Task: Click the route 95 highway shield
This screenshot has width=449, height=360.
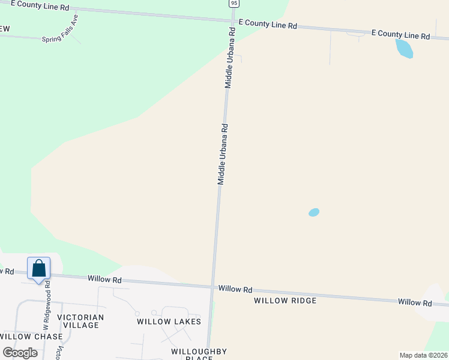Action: [234, 3]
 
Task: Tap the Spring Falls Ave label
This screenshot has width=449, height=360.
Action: [60, 29]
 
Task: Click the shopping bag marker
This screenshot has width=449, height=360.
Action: [38, 268]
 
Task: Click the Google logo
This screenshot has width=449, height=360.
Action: [20, 353]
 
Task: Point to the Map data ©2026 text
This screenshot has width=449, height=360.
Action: [423, 355]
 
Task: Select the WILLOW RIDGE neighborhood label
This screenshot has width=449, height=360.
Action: [285, 300]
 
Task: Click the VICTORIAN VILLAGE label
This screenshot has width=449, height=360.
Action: [80, 321]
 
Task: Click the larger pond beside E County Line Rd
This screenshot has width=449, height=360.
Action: [404, 49]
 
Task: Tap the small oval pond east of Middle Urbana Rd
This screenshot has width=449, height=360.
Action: [313, 212]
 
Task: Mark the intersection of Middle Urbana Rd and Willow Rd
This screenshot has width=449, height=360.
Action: [212, 286]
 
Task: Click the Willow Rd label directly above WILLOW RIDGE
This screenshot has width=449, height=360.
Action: [235, 289]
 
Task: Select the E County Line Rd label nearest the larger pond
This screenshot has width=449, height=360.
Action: [400, 34]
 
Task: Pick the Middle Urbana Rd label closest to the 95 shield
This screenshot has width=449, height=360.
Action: [229, 58]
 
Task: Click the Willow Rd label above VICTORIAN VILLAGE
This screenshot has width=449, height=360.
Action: [104, 280]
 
